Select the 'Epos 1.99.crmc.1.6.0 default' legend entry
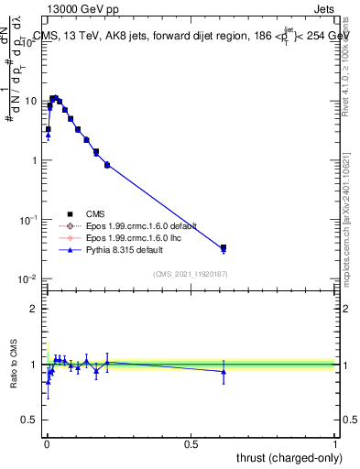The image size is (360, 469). (x=141, y=225)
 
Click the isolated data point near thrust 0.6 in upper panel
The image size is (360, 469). (x=224, y=248)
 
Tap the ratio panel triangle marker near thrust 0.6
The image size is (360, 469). (x=224, y=371)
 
